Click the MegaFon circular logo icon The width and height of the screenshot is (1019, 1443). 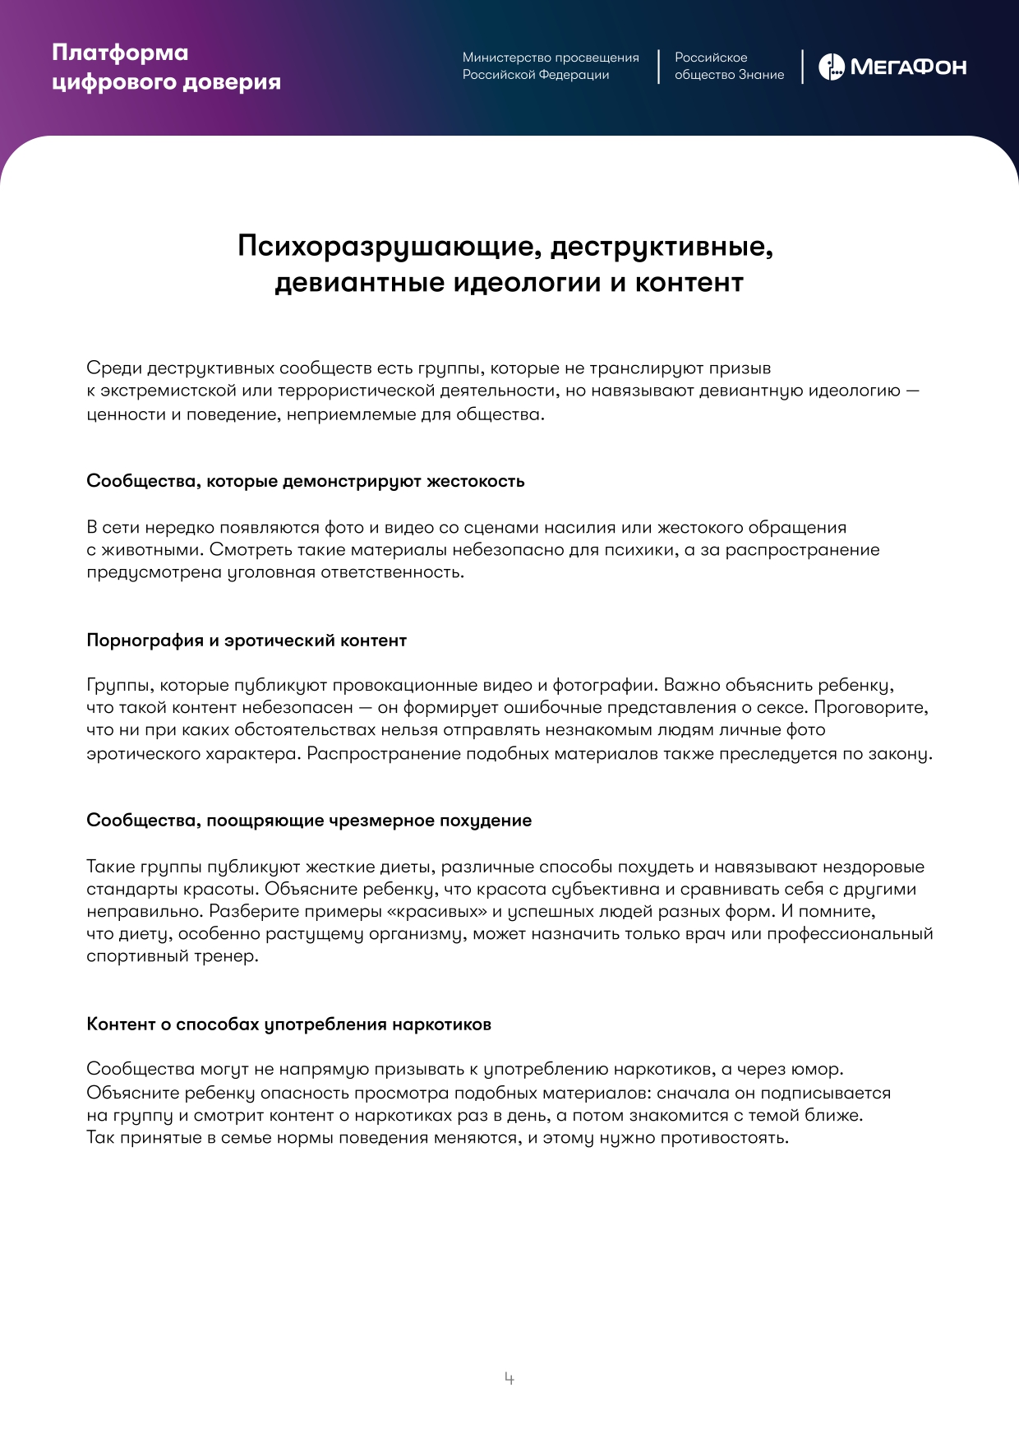tap(831, 67)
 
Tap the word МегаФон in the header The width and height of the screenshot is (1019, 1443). tap(908, 67)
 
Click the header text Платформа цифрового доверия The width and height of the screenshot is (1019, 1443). tap(166, 67)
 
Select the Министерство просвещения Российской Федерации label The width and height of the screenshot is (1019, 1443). tap(550, 66)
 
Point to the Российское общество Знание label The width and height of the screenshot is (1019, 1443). tap(729, 66)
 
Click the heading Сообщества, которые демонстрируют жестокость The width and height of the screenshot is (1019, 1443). tap(305, 481)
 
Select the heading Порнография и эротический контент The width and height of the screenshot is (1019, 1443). tap(247, 641)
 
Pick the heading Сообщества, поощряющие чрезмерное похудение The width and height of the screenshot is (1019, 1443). tap(309, 821)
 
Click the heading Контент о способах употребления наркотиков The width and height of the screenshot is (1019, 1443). tap(288, 1024)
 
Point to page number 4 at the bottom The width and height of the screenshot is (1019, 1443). tap(509, 1378)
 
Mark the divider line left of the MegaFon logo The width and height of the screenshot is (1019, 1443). tap(802, 67)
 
